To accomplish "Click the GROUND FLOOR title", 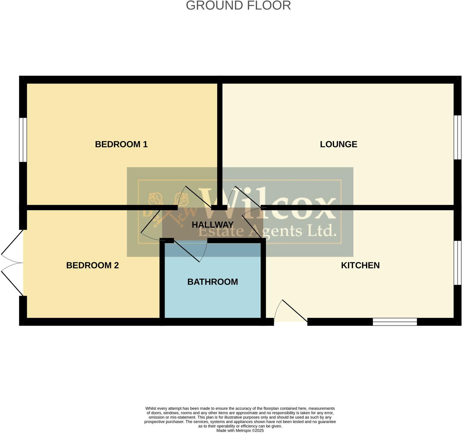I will pyautogui.click(x=238, y=6).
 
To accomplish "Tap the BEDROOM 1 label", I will pyautogui.click(x=121, y=144).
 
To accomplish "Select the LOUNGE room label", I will pyautogui.click(x=338, y=144).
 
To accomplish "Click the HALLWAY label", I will pyautogui.click(x=212, y=225).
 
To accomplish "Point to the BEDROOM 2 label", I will pyautogui.click(x=92, y=265).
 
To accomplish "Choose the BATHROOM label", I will pyautogui.click(x=212, y=282).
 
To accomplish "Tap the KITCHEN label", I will pyautogui.click(x=360, y=265).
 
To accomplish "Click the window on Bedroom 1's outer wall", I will pyautogui.click(x=23, y=140).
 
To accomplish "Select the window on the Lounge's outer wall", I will pyautogui.click(x=457, y=137).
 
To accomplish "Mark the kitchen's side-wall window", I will pyautogui.click(x=457, y=263).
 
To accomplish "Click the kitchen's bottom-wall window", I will pyautogui.click(x=395, y=322).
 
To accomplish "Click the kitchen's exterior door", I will pyautogui.click(x=292, y=312).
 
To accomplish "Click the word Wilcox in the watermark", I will pyautogui.click(x=268, y=204).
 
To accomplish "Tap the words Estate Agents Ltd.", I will pyautogui.click(x=268, y=231).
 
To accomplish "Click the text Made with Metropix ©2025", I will pyautogui.click(x=240, y=430).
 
